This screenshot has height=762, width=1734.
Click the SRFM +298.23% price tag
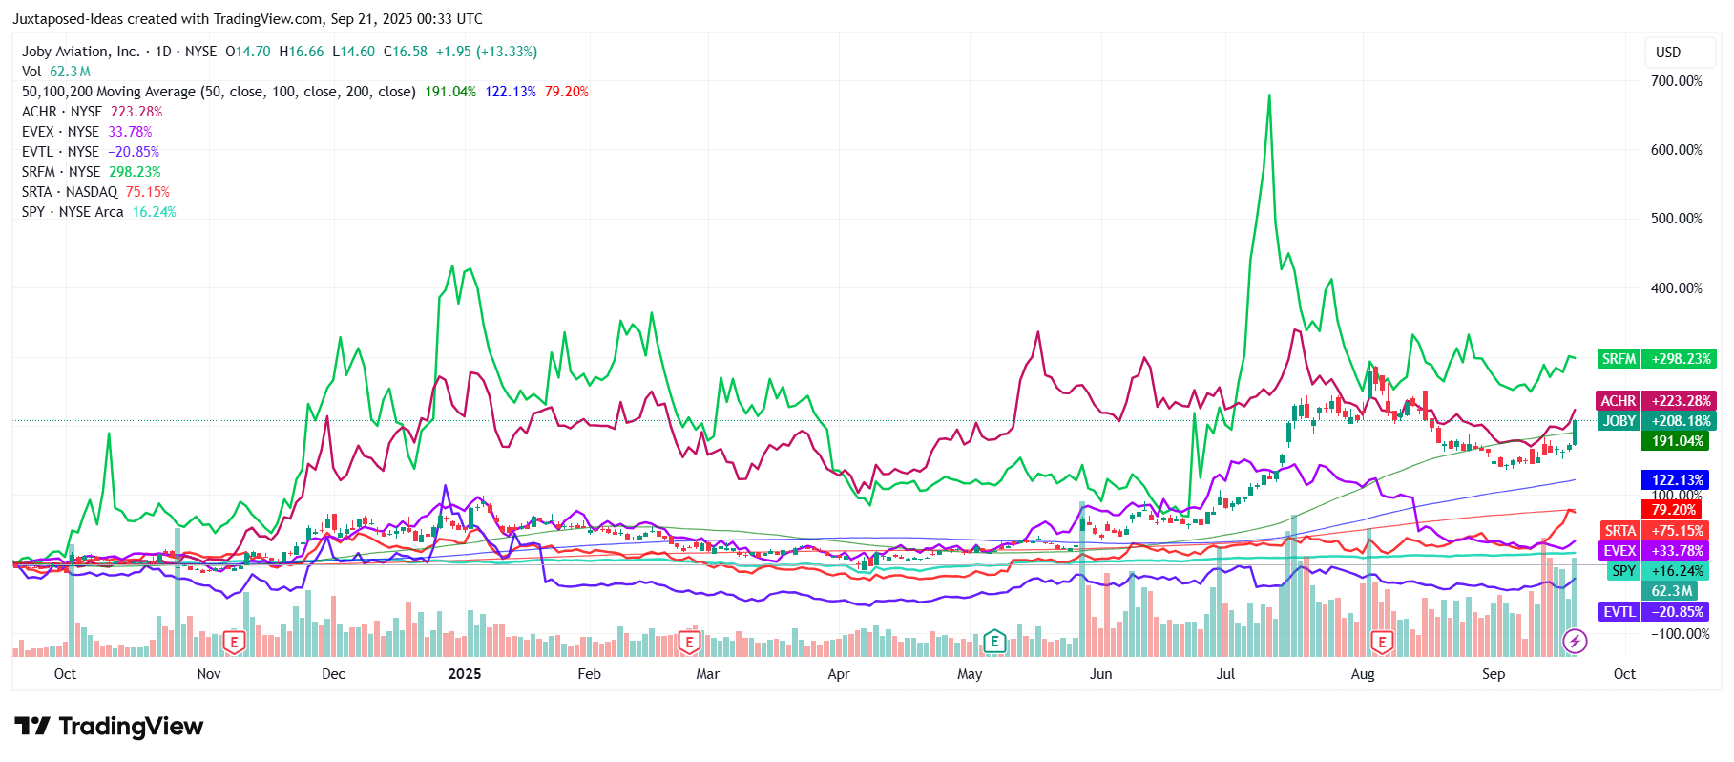(1656, 359)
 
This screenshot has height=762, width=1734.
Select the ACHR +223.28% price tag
(1656, 401)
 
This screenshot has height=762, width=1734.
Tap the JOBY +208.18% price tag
(1656, 421)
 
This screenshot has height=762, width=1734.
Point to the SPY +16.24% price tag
(1656, 571)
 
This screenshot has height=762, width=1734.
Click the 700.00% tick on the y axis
(1676, 81)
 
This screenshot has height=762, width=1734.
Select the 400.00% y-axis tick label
(1676, 288)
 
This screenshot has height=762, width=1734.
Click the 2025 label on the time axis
(465, 674)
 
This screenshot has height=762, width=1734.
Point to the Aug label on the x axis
(1363, 674)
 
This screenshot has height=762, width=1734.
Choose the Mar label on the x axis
(707, 674)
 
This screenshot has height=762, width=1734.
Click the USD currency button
(1668, 53)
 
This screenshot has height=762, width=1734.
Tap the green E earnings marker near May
(994, 641)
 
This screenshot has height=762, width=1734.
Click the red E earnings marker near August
(1382, 642)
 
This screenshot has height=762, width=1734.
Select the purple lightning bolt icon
(1575, 641)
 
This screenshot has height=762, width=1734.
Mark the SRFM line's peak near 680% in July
(1269, 95)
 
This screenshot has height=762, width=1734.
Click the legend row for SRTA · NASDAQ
(95, 192)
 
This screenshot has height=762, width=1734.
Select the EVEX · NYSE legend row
(87, 132)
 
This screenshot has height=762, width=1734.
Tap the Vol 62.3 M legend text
(56, 72)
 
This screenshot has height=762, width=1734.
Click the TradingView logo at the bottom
(109, 727)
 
